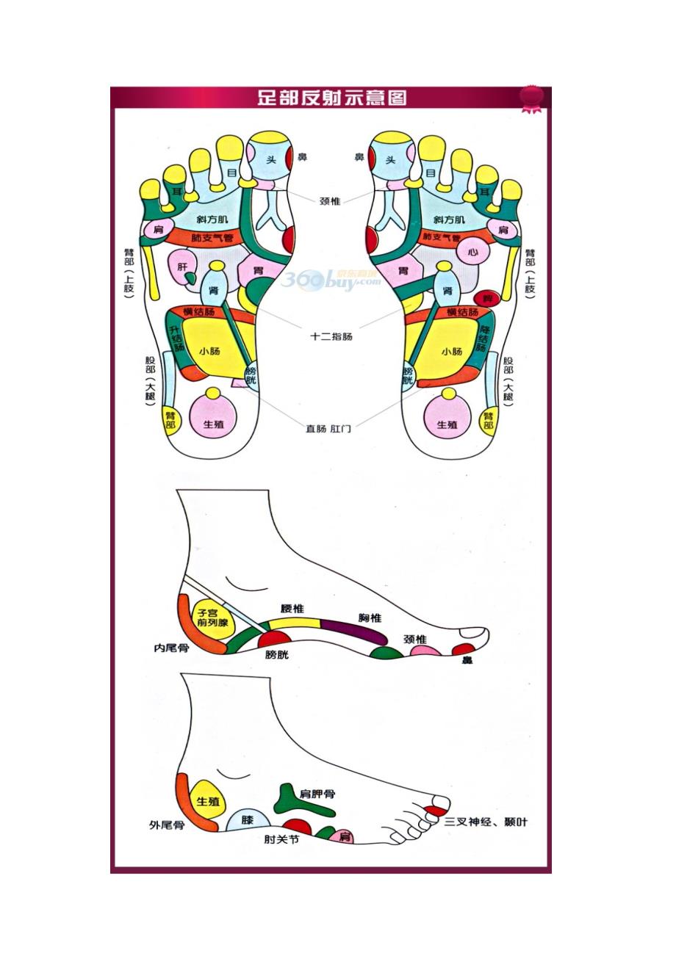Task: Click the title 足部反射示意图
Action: pyautogui.click(x=331, y=98)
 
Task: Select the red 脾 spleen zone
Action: pyautogui.click(x=483, y=298)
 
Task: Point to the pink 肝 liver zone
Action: pyautogui.click(x=183, y=267)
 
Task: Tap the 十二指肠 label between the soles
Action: pyautogui.click(x=331, y=337)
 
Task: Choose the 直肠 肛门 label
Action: pyautogui.click(x=328, y=428)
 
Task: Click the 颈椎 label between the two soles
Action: pyautogui.click(x=330, y=200)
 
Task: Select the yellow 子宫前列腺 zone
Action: pyautogui.click(x=212, y=617)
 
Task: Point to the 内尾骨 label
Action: pyautogui.click(x=171, y=648)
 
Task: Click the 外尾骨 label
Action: pyautogui.click(x=166, y=825)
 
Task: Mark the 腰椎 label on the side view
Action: pyautogui.click(x=292, y=609)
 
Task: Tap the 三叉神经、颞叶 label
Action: pyautogui.click(x=486, y=822)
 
